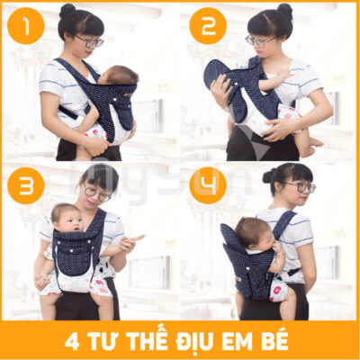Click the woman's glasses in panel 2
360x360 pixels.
tap(260, 40)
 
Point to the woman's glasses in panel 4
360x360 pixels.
tap(301, 187)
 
